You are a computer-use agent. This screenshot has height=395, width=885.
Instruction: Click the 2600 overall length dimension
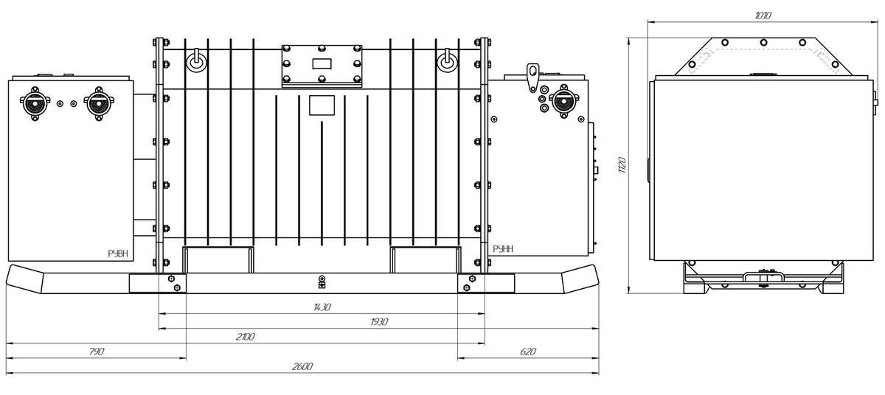click(302, 366)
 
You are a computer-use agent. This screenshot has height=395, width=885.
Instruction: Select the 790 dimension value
click(97, 352)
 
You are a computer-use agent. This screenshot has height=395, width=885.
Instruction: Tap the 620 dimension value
click(528, 352)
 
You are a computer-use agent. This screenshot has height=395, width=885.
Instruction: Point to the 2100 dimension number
click(245, 337)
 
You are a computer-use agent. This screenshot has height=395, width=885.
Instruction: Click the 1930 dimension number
click(379, 322)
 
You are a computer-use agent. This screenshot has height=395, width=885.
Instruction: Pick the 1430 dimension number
click(322, 307)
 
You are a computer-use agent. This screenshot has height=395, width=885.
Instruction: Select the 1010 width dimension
click(763, 15)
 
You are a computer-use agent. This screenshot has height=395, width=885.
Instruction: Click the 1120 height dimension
click(622, 165)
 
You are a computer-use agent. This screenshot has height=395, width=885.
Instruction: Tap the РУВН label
click(118, 254)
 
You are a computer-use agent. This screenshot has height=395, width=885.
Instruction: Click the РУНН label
click(503, 249)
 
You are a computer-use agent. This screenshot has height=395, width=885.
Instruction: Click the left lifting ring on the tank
click(196, 61)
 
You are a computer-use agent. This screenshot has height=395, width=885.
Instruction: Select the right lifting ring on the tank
click(447, 61)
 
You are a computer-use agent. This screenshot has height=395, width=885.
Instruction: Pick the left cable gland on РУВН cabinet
click(35, 104)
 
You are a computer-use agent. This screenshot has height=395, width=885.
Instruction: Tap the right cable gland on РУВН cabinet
click(98, 104)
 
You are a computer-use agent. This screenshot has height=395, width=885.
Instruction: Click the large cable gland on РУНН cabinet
click(563, 101)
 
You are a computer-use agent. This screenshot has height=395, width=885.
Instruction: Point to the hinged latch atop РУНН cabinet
click(532, 77)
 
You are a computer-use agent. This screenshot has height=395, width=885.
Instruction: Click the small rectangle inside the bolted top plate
click(322, 63)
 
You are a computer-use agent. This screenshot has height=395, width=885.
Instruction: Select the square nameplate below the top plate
click(322, 105)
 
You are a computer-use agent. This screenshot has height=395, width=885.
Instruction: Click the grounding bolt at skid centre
click(322, 282)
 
